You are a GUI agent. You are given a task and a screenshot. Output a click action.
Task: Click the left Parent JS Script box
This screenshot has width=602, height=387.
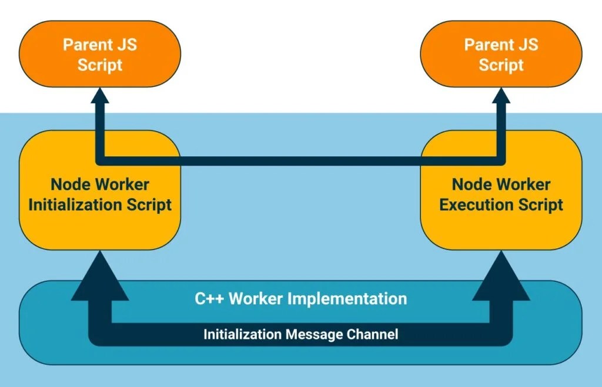(x=100, y=54)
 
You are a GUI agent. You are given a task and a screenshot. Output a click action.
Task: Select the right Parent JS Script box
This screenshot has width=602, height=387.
(x=501, y=54)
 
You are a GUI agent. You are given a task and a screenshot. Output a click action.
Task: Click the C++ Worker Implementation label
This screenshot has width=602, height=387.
(x=300, y=298)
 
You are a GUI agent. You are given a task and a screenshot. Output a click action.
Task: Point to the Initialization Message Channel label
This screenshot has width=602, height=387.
(x=300, y=335)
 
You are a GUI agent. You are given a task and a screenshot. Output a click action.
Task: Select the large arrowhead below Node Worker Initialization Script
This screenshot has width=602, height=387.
(x=100, y=276)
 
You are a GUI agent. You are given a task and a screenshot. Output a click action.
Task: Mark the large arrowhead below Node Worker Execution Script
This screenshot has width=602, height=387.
(x=501, y=276)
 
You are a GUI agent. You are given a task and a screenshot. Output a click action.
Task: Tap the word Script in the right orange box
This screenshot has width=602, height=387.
(x=501, y=65)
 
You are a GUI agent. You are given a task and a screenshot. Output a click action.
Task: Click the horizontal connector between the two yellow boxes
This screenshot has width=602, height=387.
(x=300, y=160)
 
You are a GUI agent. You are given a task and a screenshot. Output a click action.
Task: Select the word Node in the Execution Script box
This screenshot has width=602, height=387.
(x=470, y=185)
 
